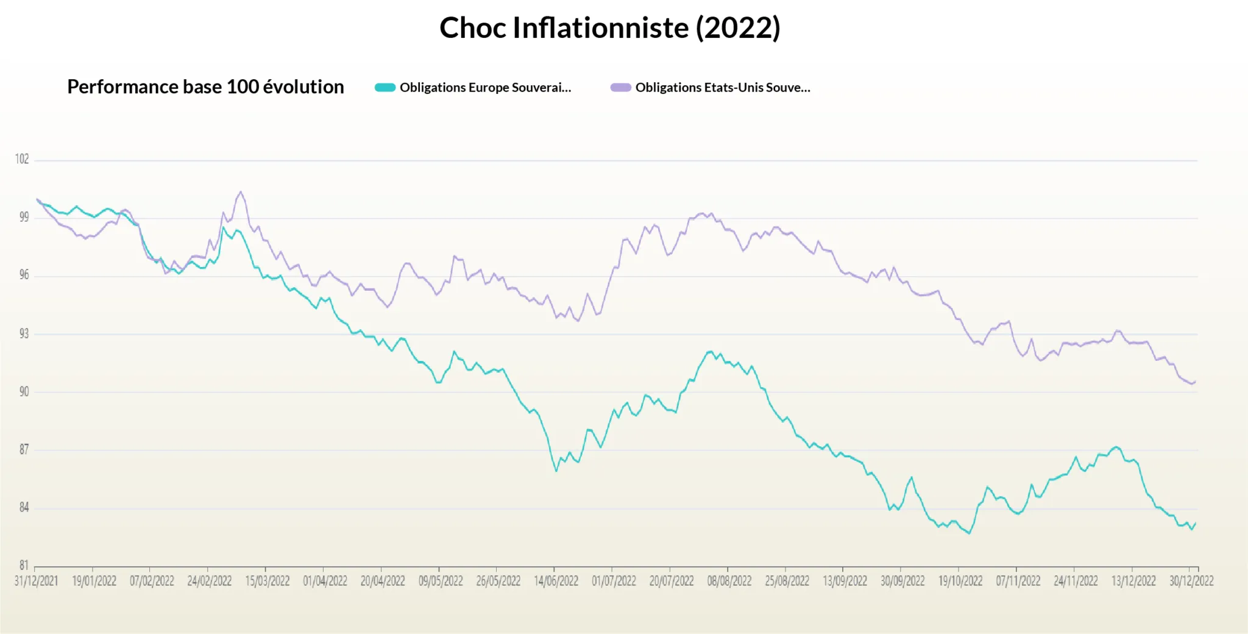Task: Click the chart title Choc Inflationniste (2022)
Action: (x=609, y=28)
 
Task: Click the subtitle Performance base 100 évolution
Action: (x=205, y=87)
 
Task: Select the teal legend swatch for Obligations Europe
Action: (x=385, y=88)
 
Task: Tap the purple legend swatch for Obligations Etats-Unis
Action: (x=620, y=88)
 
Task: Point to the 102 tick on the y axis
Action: (x=22, y=159)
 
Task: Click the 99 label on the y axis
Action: (x=24, y=217)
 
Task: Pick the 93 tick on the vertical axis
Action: (x=24, y=333)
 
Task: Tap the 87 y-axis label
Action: (x=24, y=449)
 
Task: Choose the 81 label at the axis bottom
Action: (x=24, y=565)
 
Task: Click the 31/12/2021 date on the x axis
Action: (x=37, y=581)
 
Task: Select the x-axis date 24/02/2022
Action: (x=210, y=581)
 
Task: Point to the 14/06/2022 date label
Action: (x=556, y=581)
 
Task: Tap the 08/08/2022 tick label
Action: (x=729, y=581)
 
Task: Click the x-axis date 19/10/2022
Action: (x=960, y=581)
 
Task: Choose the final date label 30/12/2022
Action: (x=1191, y=581)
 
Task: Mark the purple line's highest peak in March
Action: (x=241, y=192)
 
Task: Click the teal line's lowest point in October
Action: (x=970, y=533)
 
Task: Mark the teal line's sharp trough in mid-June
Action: (x=556, y=471)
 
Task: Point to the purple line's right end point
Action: (x=1196, y=382)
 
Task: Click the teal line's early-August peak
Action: (x=709, y=351)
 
